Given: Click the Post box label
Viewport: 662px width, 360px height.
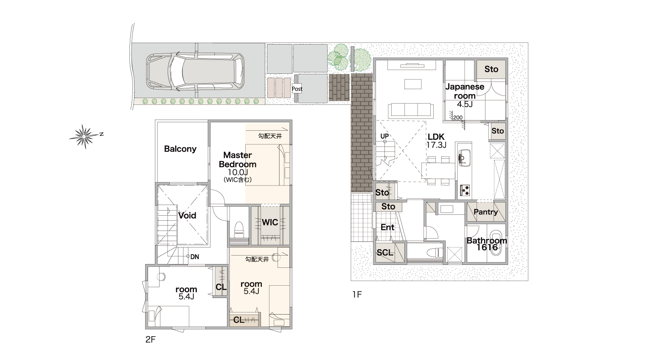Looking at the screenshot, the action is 297,89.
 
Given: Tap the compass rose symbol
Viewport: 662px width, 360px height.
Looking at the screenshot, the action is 84,137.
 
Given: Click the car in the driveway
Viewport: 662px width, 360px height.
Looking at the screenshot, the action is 195,72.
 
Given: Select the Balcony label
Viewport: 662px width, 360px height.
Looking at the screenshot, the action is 180,149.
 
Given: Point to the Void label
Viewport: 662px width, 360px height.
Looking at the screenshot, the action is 187,215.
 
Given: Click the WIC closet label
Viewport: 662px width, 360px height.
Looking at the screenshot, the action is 270,222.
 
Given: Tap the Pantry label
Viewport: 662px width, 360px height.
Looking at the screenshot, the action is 485,212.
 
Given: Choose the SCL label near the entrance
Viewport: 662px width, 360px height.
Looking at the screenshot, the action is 385,253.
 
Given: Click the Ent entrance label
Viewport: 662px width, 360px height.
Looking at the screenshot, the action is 387,227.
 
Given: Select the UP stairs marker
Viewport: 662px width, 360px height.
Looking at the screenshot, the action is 384,136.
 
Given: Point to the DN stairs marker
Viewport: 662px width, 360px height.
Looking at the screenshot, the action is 194,257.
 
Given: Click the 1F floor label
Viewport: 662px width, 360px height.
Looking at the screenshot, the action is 357,294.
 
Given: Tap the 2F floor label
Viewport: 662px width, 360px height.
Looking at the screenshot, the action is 150,340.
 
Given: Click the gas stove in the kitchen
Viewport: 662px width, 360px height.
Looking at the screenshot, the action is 465,190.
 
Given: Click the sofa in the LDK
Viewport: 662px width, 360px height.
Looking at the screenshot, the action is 411,110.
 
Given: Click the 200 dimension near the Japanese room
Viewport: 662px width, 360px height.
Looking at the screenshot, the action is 458,117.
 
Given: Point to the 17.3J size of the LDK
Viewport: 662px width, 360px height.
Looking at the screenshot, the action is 436,145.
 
